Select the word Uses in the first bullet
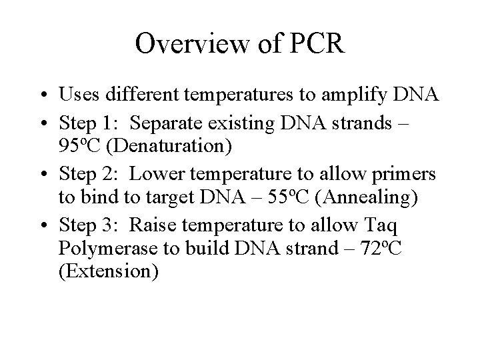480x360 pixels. [78, 95]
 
